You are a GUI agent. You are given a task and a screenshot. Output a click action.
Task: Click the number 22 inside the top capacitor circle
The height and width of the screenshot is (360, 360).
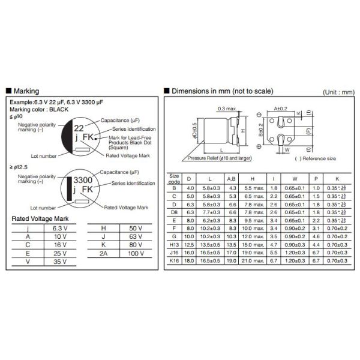pos(79,128)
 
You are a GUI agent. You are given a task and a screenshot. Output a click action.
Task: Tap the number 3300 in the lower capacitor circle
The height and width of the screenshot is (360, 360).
pos(82,180)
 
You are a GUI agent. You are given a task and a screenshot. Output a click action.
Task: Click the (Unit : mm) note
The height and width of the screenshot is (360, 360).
pos(338,92)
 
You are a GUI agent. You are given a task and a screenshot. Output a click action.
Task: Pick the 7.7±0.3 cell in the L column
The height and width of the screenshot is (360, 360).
pos(210,212)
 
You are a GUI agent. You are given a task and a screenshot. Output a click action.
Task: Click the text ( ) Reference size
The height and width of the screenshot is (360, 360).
pos(315,158)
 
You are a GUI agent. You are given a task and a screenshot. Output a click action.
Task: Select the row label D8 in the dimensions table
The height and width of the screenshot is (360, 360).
pos(173,212)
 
